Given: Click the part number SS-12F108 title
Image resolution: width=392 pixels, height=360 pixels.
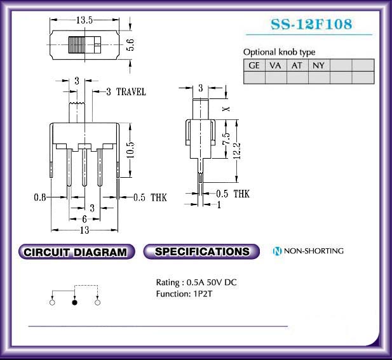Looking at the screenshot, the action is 311,24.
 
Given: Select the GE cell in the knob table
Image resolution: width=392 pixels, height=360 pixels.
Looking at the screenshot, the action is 254,65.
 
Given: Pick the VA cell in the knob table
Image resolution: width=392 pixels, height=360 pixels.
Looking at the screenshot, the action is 276,65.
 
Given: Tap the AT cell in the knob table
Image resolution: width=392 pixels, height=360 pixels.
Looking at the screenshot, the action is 297,65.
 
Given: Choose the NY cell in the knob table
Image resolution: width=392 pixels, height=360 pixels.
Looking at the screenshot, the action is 319,65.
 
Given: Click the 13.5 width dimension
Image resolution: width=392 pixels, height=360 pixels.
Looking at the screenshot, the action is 84,20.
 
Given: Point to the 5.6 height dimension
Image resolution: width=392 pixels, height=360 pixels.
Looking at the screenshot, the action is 131,44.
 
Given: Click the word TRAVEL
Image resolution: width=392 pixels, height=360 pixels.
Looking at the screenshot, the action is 132,91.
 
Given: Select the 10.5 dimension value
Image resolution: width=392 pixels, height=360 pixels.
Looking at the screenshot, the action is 130,150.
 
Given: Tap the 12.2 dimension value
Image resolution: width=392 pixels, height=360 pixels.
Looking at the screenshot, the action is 237,150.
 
